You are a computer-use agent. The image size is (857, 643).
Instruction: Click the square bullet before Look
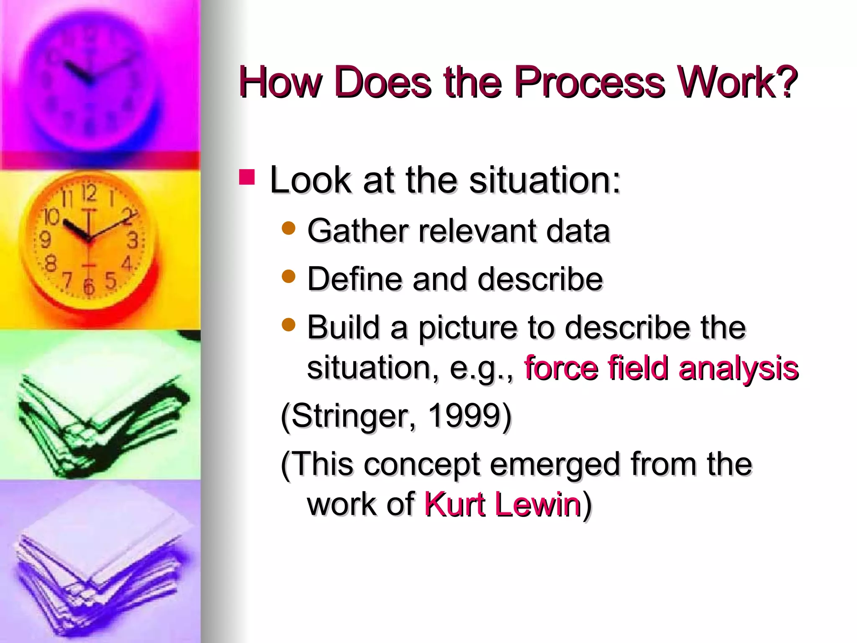(x=247, y=177)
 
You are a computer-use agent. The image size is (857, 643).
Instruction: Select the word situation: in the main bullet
(x=544, y=180)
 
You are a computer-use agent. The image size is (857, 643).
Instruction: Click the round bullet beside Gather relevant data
(x=289, y=228)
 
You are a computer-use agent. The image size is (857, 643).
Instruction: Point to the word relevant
(x=477, y=231)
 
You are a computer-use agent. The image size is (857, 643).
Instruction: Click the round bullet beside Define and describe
(x=289, y=276)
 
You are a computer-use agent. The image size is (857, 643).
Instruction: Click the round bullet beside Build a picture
(x=289, y=324)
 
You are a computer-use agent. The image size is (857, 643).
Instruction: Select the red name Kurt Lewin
(x=502, y=504)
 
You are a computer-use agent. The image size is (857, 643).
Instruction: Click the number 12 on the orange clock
(x=89, y=193)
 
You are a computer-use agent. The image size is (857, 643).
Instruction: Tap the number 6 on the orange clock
(x=89, y=287)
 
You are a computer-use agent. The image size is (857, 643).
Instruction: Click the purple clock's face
(x=90, y=80)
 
